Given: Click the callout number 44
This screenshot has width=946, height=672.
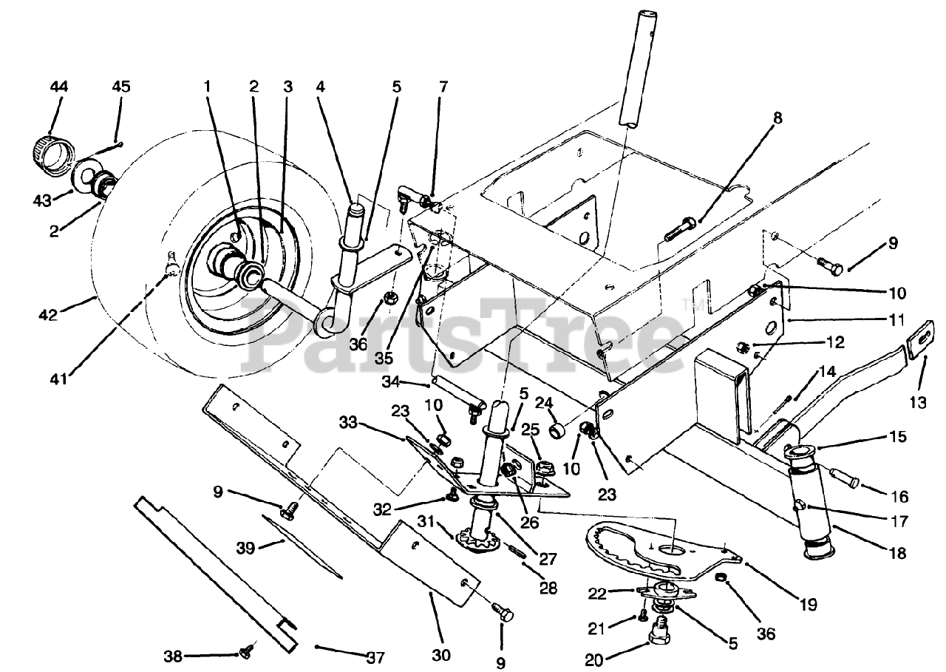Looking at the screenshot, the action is point(58,87).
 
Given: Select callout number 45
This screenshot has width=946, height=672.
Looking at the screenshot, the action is point(121,86).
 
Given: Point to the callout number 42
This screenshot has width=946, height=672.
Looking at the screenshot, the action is point(48,315).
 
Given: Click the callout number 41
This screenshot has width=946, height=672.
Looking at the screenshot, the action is point(58,379).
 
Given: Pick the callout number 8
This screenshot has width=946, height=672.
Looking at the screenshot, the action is point(777,118).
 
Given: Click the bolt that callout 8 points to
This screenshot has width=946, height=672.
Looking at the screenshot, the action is point(681,228).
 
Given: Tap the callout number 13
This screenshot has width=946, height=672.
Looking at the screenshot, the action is point(918,402).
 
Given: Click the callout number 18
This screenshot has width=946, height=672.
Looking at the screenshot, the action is point(897,553).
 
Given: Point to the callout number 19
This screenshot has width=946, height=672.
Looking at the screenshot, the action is point(809,605).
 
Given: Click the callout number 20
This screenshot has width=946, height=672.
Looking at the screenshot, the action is point(594,660).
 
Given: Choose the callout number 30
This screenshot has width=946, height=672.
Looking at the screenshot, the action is point(441,655).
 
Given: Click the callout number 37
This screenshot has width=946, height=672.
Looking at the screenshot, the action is point(375,657).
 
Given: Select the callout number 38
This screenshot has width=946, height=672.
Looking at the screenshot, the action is point(173,656).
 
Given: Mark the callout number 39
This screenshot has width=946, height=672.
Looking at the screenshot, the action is point(245,548).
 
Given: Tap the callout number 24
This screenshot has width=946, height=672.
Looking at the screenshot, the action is point(543,403).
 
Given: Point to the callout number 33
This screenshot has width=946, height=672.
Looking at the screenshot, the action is point(348,422).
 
